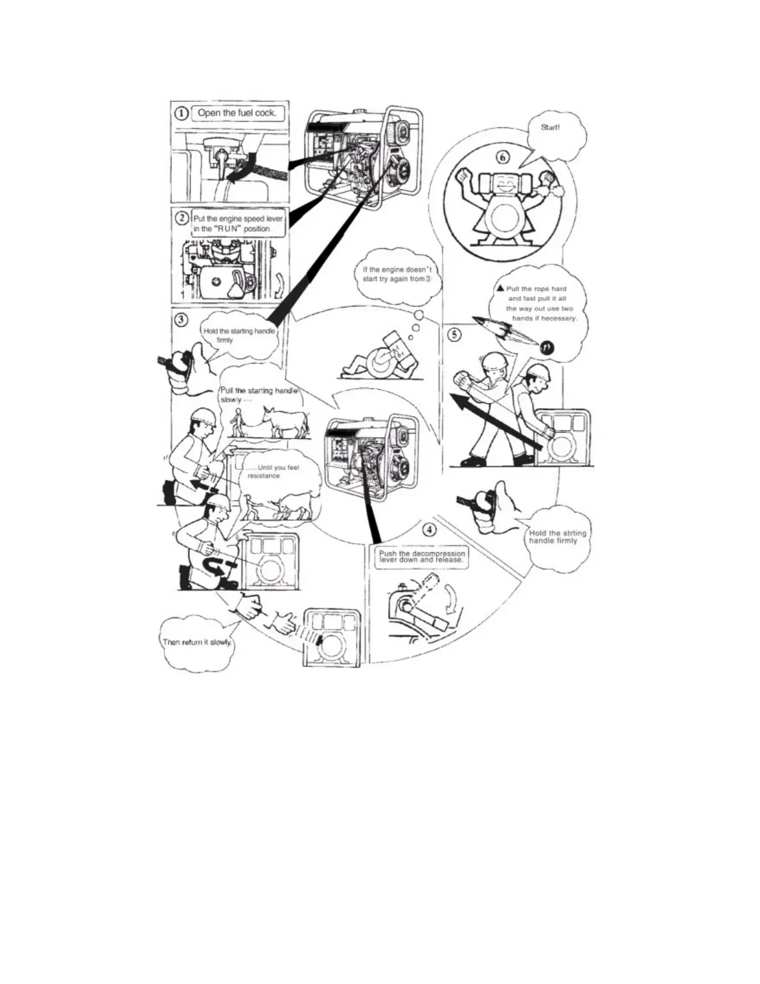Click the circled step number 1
(x=181, y=114)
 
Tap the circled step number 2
(x=181, y=218)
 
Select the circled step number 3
(x=181, y=320)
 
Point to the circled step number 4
(x=429, y=530)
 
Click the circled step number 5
(x=455, y=335)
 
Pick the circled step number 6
(x=506, y=155)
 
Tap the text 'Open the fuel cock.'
(x=237, y=113)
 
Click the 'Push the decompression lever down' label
(x=422, y=553)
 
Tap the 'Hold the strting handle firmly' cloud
(x=557, y=537)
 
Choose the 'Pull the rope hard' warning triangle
(x=500, y=288)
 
